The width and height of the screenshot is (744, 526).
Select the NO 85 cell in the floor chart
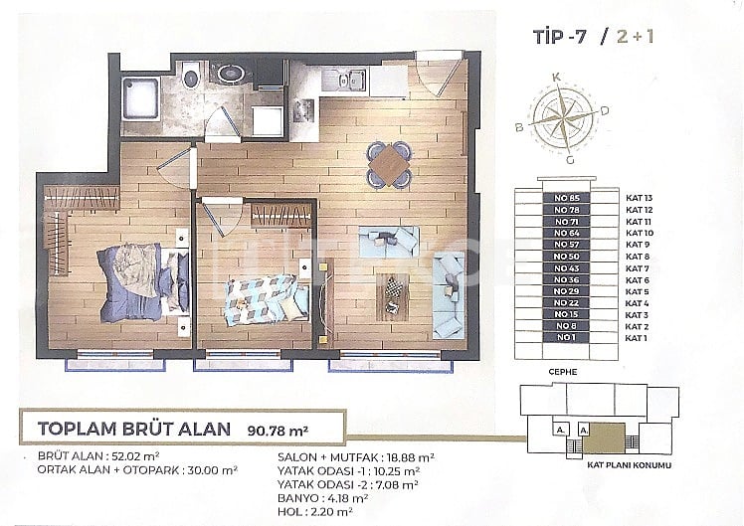pos(566,198)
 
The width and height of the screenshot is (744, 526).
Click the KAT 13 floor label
pos(639,198)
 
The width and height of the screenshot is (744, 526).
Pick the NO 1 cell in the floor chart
pos(566,338)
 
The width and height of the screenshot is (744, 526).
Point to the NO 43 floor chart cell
pos(566,268)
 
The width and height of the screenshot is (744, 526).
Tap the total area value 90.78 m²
pos(276,431)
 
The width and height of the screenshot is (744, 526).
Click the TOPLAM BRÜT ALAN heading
pos(134,430)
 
